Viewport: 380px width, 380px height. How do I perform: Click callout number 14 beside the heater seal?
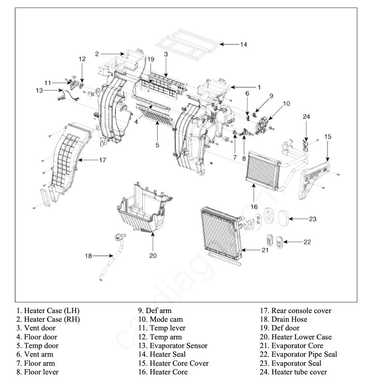point(243,44)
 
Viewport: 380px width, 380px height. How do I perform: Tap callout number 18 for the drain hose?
point(88,256)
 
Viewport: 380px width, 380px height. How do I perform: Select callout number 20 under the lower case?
point(153,255)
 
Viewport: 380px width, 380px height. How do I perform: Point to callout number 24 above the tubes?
point(306,117)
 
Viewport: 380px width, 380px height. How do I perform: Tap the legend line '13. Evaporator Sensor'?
point(173,346)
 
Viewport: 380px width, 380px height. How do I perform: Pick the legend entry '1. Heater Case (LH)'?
point(48,311)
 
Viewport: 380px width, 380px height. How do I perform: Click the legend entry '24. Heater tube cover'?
point(293,372)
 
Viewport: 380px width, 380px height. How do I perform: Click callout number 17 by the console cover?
point(103,160)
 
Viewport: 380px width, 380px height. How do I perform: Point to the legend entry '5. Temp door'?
point(38,346)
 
